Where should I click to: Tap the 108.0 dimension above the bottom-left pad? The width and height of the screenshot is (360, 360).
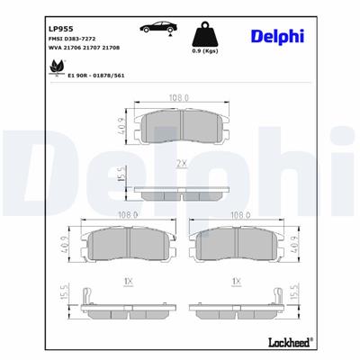point(125,216)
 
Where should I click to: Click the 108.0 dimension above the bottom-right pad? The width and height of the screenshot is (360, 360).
point(237,216)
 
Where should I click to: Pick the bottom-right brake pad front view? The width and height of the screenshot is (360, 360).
point(238,246)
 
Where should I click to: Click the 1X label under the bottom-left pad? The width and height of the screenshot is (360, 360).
point(125,283)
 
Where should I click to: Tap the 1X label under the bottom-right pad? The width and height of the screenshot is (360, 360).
point(237,283)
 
